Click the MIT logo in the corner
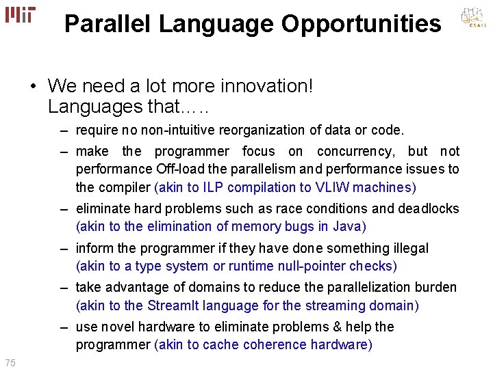tap(20, 15)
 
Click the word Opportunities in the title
tap(361, 24)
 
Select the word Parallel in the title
tap(108, 24)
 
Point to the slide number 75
tap(10, 361)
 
